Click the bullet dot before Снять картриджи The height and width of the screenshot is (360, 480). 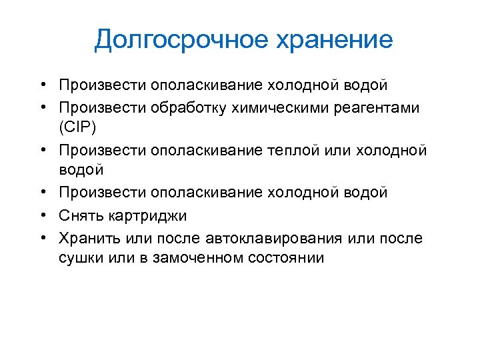coord(42,215)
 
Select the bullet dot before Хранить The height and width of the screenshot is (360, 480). coord(42,238)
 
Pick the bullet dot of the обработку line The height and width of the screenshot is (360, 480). coord(42,107)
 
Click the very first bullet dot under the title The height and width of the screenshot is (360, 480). coord(42,85)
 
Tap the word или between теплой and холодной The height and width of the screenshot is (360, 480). coord(345,151)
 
